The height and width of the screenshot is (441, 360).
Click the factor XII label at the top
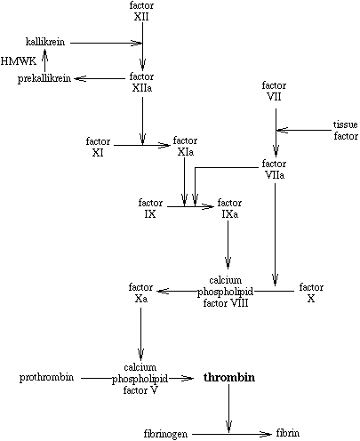pos(142,12)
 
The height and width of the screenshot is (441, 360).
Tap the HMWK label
pos(16,61)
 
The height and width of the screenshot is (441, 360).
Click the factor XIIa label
pos(142,84)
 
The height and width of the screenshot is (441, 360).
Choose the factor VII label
pos(275,92)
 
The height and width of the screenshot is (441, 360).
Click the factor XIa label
pos(185,147)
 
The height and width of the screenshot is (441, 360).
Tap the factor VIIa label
pos(275,170)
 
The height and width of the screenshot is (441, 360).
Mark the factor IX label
pos(150,209)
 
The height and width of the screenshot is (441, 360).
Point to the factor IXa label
pos(229,209)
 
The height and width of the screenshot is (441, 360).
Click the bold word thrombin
pos(229,378)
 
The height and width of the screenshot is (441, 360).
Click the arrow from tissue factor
pos(303,131)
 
